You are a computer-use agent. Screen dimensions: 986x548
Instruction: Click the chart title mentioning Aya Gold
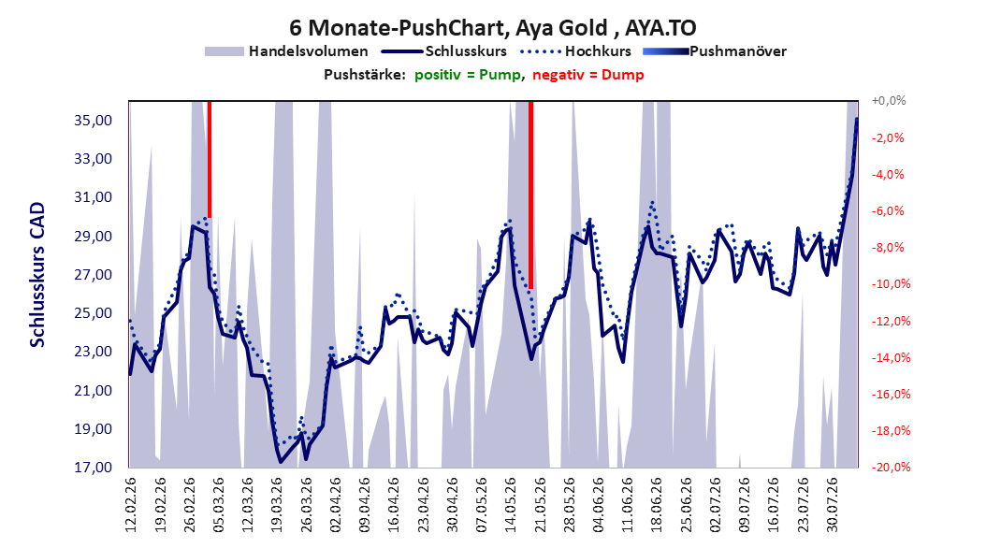coord(492,28)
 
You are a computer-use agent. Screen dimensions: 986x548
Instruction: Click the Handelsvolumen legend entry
coord(286,51)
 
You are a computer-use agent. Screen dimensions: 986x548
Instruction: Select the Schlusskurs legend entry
coord(443,51)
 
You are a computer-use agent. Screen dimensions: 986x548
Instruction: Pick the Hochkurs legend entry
coord(575,51)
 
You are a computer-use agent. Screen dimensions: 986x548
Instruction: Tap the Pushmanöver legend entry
coord(715,51)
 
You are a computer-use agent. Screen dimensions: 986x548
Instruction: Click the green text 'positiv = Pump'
coord(468,75)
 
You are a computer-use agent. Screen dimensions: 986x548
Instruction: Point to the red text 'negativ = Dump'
coord(588,75)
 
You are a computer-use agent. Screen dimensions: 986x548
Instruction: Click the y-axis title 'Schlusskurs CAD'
coord(37,275)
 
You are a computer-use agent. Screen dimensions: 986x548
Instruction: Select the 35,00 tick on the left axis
coord(94,120)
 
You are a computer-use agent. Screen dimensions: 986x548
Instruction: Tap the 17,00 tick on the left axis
coord(94,468)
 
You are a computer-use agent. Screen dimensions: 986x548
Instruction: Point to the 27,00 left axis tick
coord(94,275)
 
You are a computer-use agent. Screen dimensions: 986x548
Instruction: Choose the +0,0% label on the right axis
coord(889,101)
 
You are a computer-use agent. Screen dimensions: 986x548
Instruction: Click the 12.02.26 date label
coord(131,505)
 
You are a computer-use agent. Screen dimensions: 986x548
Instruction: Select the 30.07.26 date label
coord(832,505)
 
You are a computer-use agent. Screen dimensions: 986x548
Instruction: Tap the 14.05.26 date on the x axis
coord(511,505)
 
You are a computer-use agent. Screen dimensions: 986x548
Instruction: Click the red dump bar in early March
coord(210,159)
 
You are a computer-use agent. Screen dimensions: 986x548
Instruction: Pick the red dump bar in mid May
coord(530,195)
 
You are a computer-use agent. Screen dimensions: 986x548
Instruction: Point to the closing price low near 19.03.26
coord(281,462)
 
